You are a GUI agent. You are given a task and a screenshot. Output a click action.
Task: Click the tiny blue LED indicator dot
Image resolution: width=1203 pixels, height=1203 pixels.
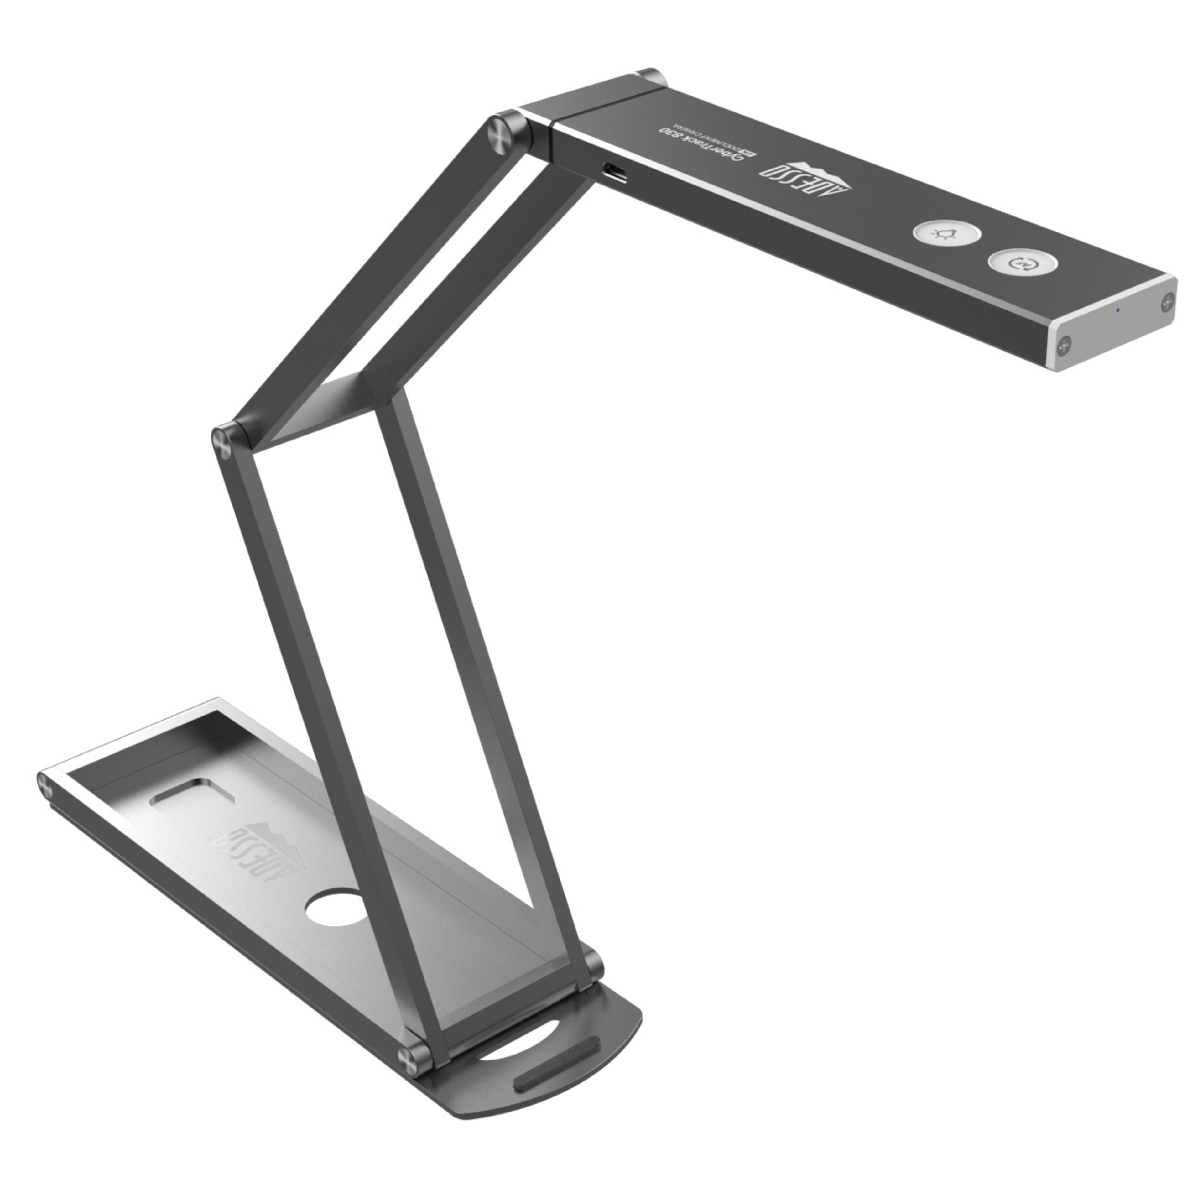tap(1118, 310)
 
